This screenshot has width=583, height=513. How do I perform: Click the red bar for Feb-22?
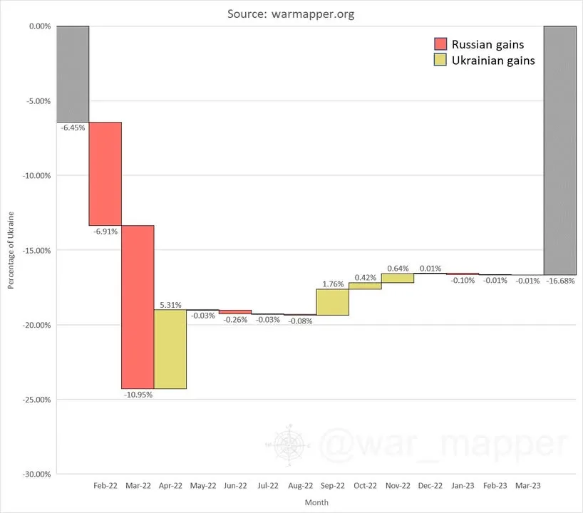[105, 174]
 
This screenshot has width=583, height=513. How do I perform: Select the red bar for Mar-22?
[138, 307]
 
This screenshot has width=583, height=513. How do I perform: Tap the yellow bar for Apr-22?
[170, 349]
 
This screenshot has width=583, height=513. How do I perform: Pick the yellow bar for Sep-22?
[333, 302]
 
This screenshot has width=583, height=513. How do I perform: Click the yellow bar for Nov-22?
[398, 278]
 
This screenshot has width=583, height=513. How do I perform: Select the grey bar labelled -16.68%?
[560, 150]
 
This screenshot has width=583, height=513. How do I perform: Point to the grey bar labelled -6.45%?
[73, 74]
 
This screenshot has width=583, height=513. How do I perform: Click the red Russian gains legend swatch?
[440, 44]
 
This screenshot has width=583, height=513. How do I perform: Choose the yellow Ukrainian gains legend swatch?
[440, 60]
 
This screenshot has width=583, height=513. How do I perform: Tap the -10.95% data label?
[138, 395]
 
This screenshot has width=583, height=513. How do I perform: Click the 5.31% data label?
[170, 305]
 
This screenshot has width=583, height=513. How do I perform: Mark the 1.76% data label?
[333, 284]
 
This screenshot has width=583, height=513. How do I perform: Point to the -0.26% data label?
[235, 320]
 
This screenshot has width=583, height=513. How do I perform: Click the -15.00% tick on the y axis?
[36, 251]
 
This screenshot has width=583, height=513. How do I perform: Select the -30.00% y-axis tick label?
[36, 475]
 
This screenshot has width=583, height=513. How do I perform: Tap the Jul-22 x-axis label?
[268, 485]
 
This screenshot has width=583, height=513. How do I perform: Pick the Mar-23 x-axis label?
[528, 485]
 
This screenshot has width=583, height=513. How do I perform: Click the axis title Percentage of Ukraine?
[11, 250]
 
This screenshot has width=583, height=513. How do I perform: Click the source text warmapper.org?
[313, 14]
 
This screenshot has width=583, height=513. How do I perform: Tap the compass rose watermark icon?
[289, 445]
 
